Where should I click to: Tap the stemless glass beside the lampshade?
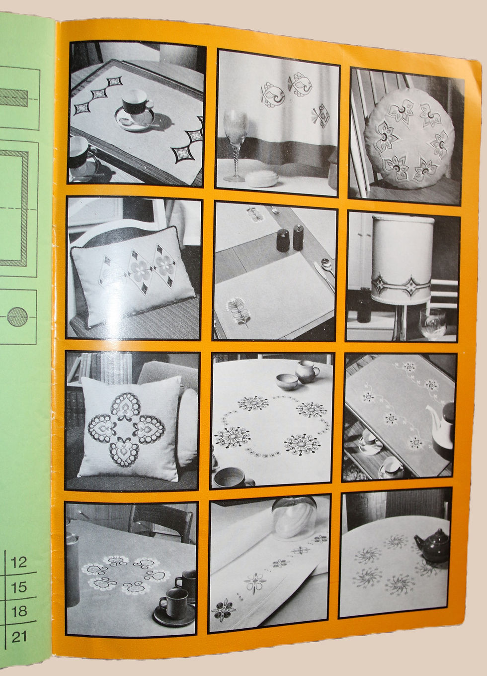click(x=433, y=323)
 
